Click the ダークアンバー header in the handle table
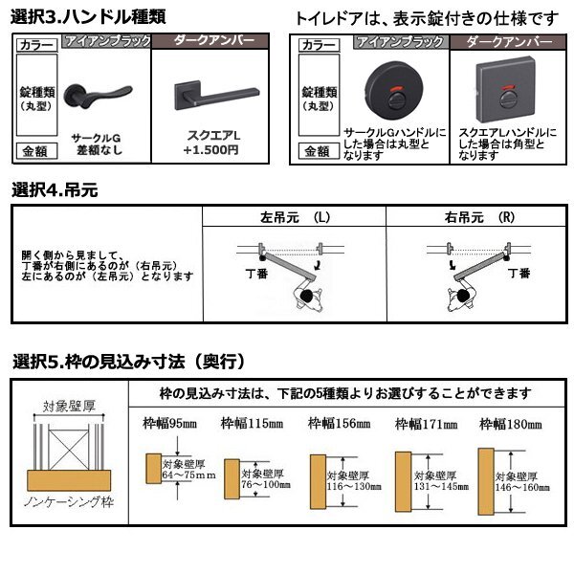tap(216, 42)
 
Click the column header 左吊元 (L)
tap(294, 217)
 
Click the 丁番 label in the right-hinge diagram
tap(518, 274)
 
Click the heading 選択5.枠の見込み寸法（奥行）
tap(130, 362)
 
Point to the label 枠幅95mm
tap(168, 423)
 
